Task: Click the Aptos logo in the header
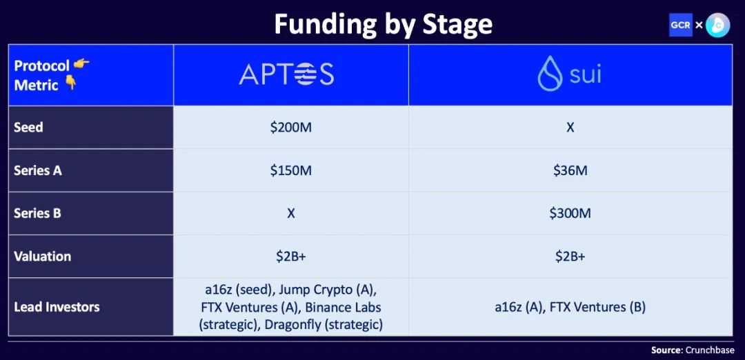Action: point(286,75)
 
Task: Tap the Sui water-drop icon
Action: point(550,73)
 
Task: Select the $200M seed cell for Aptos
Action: point(291,128)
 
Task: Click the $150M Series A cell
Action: point(291,170)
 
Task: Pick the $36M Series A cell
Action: point(570,170)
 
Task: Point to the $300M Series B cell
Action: point(570,213)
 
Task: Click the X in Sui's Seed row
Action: point(570,128)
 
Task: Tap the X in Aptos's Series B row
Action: point(291,213)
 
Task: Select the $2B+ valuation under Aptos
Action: point(291,257)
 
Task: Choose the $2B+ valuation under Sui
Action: point(570,257)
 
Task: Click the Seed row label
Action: point(28,128)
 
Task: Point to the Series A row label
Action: point(38,170)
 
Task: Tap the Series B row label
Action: point(37,213)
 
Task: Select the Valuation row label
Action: point(42,257)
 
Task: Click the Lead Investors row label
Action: point(57,308)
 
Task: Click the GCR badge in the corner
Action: point(680,25)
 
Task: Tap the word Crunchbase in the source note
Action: point(710,350)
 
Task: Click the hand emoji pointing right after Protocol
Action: point(81,63)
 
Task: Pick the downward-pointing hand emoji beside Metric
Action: point(70,84)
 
